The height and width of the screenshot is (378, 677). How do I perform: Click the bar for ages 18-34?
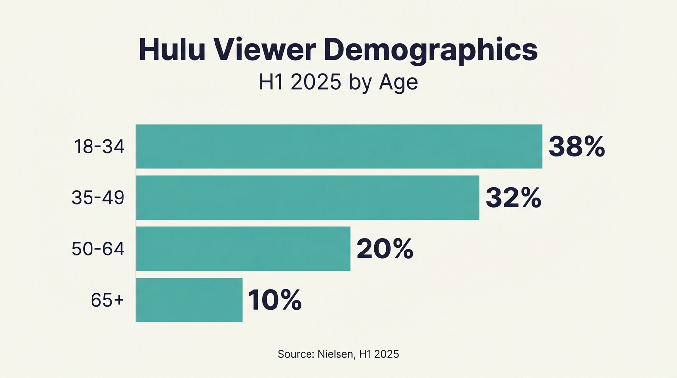tap(339, 146)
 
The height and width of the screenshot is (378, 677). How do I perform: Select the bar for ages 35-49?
tap(308, 197)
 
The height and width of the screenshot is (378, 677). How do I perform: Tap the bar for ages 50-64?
tap(243, 249)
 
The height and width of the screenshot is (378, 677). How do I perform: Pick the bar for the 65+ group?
tap(189, 300)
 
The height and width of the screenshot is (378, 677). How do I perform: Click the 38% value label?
tap(576, 147)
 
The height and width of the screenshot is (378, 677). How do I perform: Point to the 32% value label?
tap(513, 198)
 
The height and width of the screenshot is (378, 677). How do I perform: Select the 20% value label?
tap(385, 249)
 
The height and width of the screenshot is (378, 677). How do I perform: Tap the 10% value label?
tap(275, 300)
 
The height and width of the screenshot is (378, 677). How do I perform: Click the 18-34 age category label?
tap(99, 147)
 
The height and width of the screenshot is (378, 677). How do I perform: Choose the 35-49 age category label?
tap(98, 198)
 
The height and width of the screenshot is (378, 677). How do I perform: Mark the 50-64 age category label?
tap(98, 249)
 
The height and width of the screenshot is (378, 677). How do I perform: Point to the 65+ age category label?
tap(107, 300)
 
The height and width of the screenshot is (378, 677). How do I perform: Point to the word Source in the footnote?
tap(294, 354)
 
